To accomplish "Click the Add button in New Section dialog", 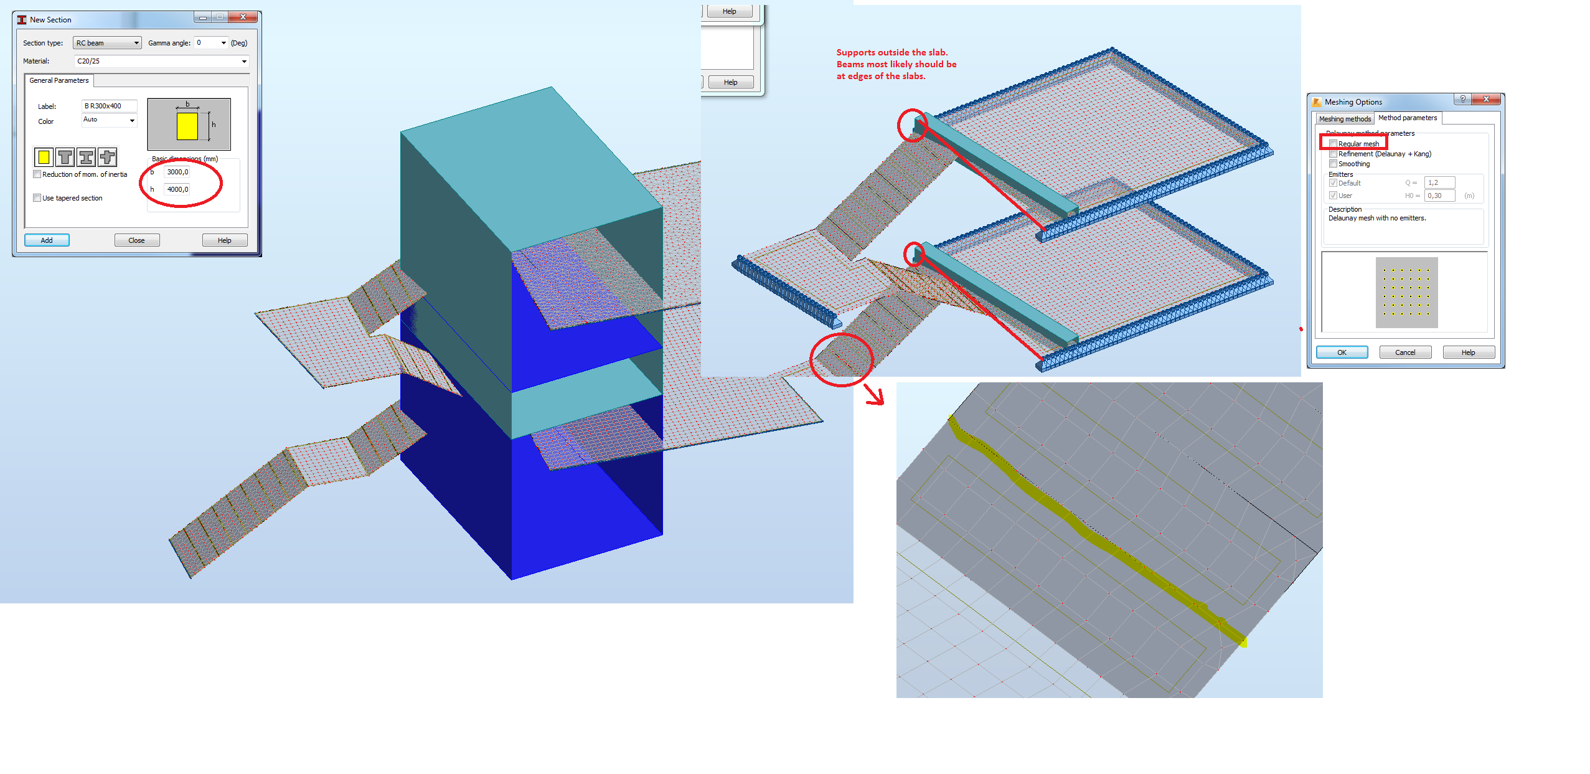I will point(47,240).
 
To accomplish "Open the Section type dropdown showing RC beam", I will point(107,43).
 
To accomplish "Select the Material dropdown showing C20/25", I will point(161,61).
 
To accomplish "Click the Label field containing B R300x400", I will point(109,106).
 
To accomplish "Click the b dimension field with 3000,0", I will point(177,172).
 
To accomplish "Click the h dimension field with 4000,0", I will point(177,189).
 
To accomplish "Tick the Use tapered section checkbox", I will point(37,198).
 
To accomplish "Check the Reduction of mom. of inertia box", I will point(37,174).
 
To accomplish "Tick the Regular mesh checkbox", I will point(1333,144).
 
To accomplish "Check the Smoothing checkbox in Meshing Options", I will point(1333,164).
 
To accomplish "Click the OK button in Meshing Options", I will point(1342,352).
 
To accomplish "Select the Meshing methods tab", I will point(1345,119).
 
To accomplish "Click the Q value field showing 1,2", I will point(1439,182).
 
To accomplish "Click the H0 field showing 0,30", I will point(1439,196).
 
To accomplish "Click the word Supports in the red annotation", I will point(855,53).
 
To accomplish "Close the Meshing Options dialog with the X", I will point(1486,100).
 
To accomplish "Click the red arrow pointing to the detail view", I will point(875,395).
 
